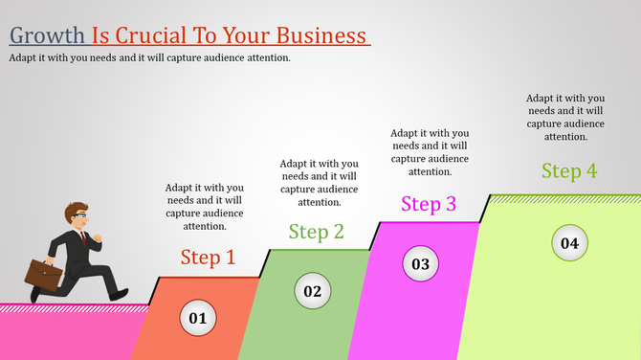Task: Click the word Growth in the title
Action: [x=48, y=36]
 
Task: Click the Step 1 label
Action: [x=208, y=258]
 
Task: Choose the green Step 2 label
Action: [x=317, y=232]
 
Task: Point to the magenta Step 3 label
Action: [x=429, y=204]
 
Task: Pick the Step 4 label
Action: [x=569, y=171]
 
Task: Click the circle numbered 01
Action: [x=197, y=318]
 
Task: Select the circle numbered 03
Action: [x=421, y=263]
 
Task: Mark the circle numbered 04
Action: [x=569, y=242]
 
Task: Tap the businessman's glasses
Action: [x=83, y=216]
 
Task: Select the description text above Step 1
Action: [x=204, y=207]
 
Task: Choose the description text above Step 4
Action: [x=565, y=117]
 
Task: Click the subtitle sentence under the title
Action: [x=150, y=57]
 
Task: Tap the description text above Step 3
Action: [x=430, y=152]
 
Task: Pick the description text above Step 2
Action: [x=319, y=182]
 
